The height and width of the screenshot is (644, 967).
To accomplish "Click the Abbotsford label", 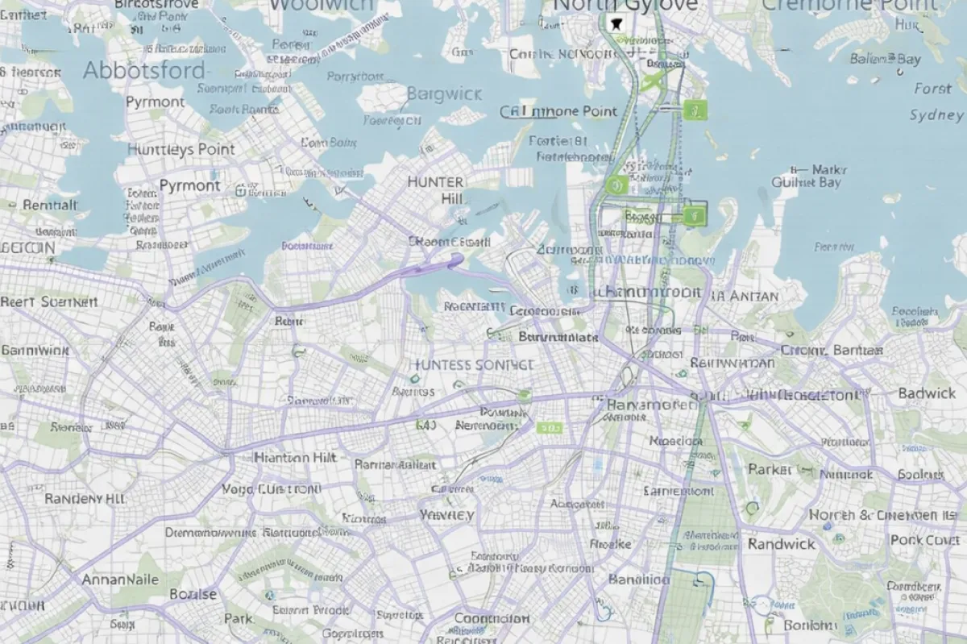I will (144, 70).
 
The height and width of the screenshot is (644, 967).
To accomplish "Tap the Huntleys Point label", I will (181, 149).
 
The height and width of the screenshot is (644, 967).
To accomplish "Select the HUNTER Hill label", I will (436, 190).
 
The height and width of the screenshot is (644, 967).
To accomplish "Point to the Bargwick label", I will (444, 93).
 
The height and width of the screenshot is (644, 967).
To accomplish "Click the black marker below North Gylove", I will (618, 23).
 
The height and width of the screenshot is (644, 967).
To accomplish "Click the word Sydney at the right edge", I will (936, 114).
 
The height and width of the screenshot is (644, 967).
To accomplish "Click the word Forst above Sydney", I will (932, 89).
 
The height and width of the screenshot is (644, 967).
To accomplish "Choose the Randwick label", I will (781, 544).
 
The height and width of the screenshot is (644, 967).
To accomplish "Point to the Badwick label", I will (926, 393).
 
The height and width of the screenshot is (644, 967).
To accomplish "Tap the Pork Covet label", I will (924, 540).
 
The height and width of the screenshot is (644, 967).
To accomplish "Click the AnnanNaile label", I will (120, 580).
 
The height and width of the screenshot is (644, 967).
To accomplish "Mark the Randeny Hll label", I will (85, 499).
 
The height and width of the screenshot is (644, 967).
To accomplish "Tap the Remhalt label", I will (51, 206).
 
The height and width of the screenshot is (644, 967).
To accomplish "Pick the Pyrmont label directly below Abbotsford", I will (155, 102).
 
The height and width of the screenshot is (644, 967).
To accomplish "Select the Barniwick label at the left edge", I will (35, 351).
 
